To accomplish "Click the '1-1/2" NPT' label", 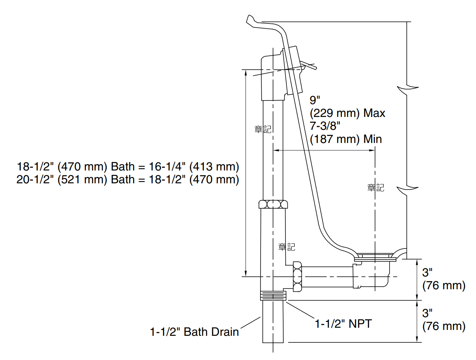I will [343, 324].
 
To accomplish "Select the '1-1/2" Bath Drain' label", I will [194, 332].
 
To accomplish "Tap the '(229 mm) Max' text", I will [347, 113].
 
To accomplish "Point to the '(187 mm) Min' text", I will [346, 139].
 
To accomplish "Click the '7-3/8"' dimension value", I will [325, 126].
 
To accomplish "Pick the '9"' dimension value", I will [315, 100].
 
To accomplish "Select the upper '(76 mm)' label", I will [444, 286].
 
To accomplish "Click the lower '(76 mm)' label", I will [444, 326].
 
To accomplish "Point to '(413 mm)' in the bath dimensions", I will [214, 167].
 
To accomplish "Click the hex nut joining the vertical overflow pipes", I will [273, 204].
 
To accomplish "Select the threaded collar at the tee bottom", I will [273, 295].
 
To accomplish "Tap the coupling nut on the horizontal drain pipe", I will [297, 277].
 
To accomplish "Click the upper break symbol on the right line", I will [407, 88].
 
